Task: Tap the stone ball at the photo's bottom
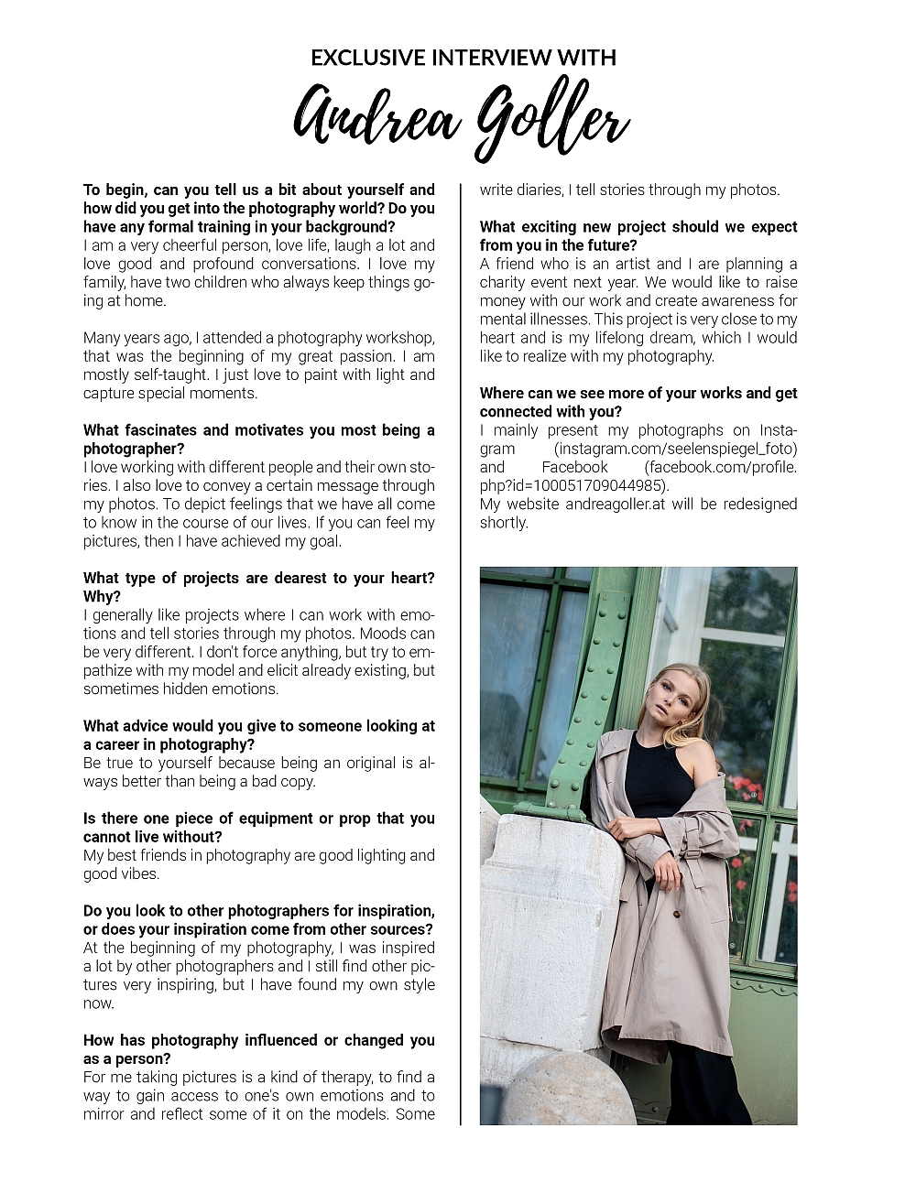568,1089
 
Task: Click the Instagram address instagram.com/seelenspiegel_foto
676,449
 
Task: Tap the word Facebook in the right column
574,467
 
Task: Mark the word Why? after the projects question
102,596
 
